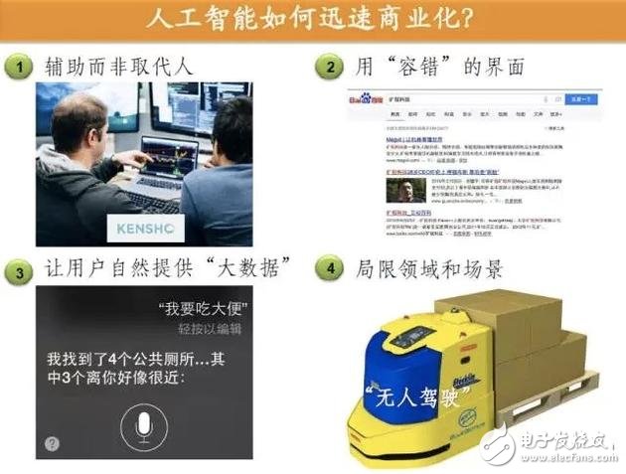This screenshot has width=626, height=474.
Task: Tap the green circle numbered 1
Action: point(20,66)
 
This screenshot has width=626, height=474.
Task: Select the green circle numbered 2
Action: point(331,66)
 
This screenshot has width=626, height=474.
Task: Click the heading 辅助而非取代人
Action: point(119,67)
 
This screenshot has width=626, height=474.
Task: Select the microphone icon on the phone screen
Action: point(144,426)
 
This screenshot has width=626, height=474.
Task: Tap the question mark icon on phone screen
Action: point(51,444)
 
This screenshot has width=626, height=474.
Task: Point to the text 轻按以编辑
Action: point(213,329)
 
